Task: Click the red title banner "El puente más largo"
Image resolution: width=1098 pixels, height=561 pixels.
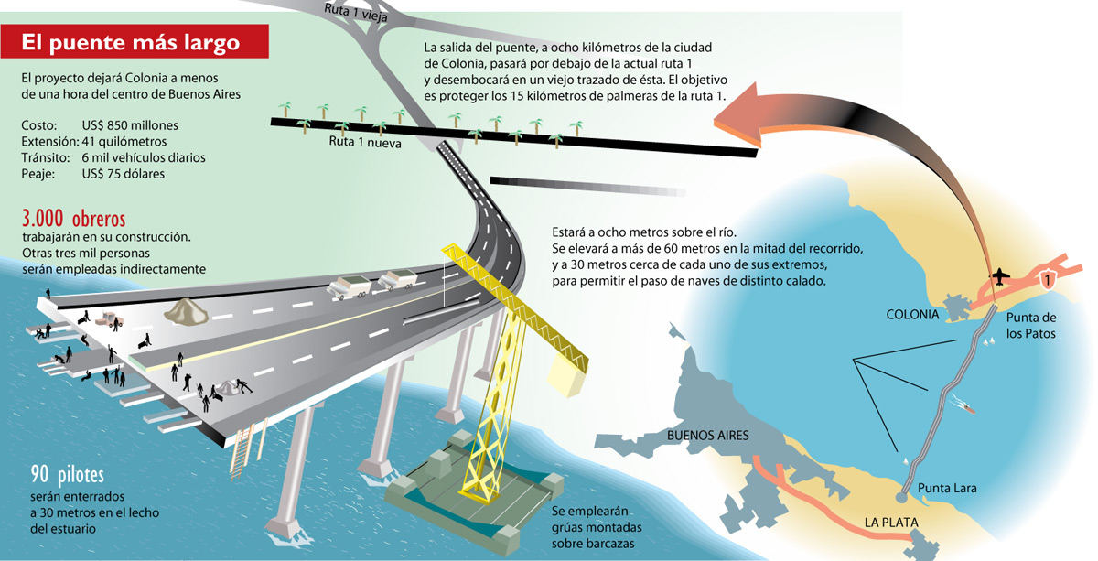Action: pyautogui.click(x=134, y=41)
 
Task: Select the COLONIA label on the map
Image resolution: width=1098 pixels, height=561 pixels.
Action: pyautogui.click(x=912, y=314)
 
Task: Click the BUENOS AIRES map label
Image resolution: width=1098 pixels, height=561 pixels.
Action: pyautogui.click(x=708, y=435)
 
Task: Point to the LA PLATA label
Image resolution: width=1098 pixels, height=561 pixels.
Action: pyautogui.click(x=890, y=523)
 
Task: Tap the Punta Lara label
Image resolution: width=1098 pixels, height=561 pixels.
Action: pyautogui.click(x=947, y=488)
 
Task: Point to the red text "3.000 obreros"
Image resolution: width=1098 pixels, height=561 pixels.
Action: pyautogui.click(x=73, y=219)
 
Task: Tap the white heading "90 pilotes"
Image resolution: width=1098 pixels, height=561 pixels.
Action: pyautogui.click(x=67, y=475)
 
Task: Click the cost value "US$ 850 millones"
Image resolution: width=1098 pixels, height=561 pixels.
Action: pyautogui.click(x=130, y=125)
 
